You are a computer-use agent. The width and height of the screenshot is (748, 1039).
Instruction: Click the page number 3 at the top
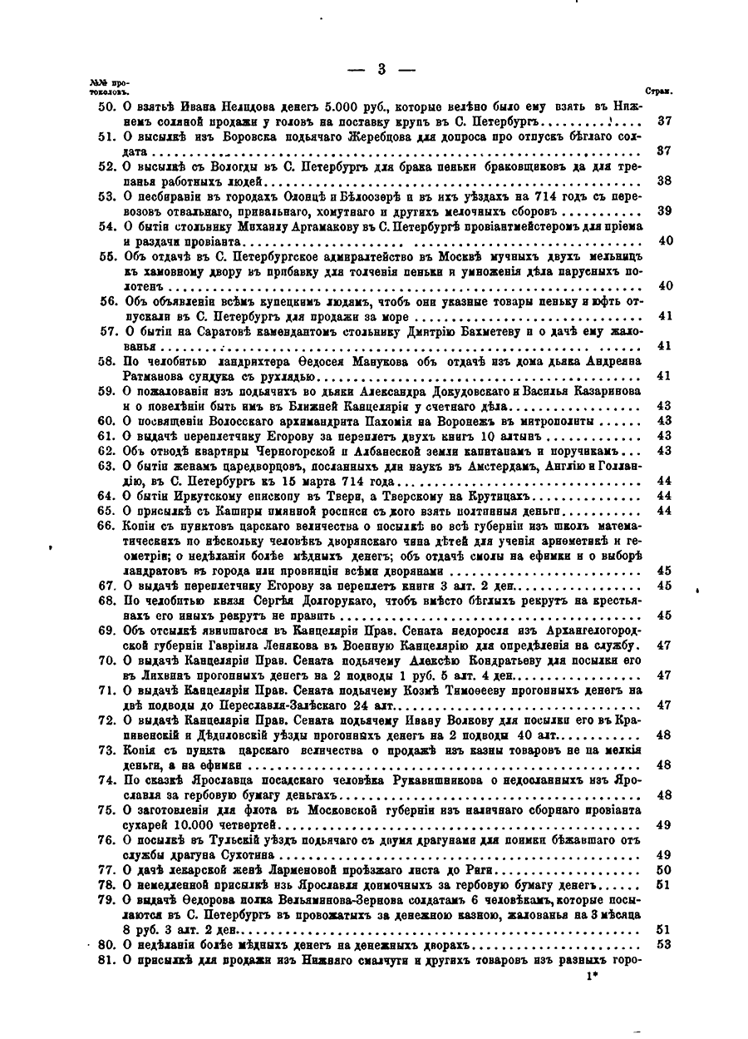(x=381, y=70)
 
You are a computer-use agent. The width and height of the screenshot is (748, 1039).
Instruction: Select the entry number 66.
(x=106, y=527)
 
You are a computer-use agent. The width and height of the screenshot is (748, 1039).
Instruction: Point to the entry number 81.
(x=106, y=962)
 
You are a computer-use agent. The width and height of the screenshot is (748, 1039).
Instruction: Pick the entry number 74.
(x=106, y=781)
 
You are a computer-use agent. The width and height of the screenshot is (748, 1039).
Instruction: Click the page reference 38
(x=664, y=181)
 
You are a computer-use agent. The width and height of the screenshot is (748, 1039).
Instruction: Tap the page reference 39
(x=664, y=210)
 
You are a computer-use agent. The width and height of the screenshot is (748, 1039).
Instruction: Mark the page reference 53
(x=664, y=946)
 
